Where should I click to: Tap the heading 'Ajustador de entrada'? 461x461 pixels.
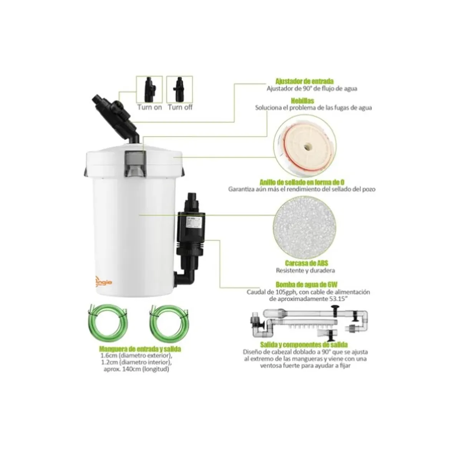pos(304,81)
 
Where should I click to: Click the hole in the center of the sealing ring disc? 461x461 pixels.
pos(307,146)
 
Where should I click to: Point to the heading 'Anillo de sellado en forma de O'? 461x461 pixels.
pos(304,182)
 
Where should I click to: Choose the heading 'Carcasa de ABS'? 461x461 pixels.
pos(304,263)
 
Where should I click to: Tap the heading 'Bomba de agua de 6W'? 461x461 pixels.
pos(304,285)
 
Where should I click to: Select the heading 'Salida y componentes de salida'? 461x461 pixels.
pos(304,345)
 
